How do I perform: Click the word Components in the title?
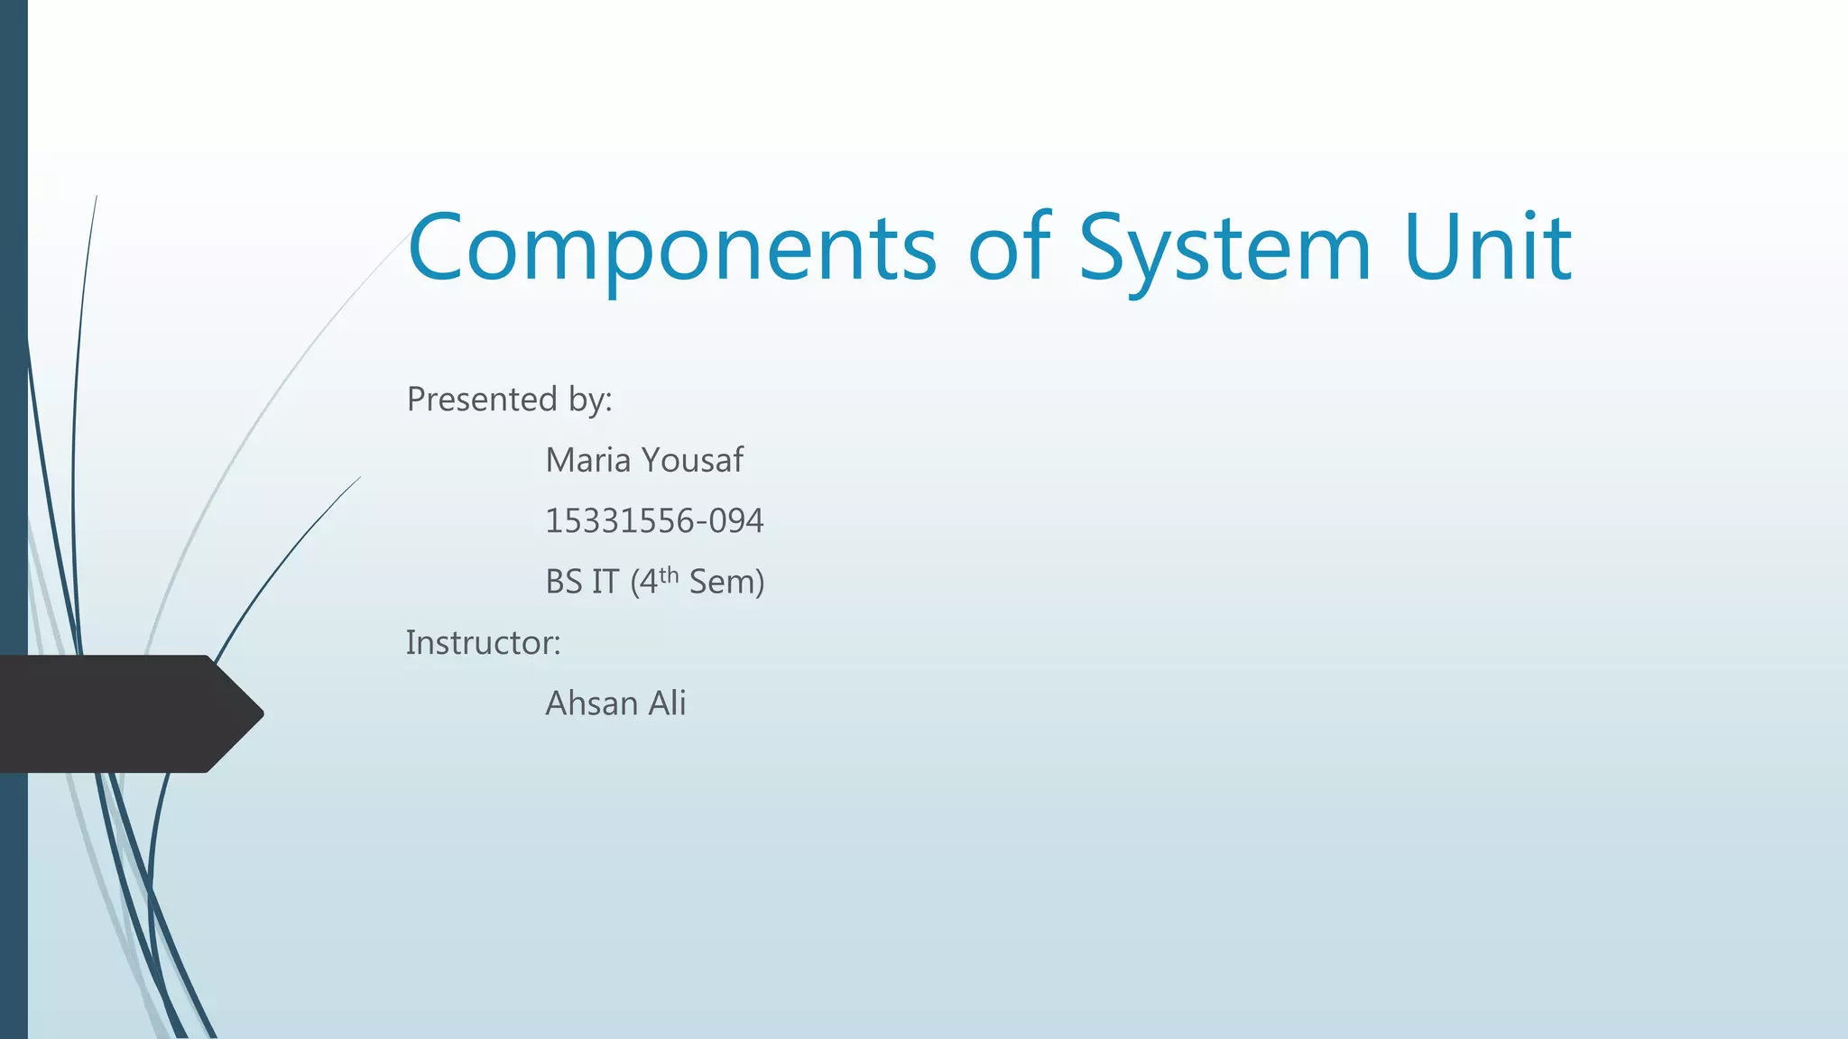(672, 248)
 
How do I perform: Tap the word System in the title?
(1224, 248)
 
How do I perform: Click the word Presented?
(482, 399)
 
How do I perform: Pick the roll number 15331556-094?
(654, 520)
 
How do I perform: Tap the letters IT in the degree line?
(605, 582)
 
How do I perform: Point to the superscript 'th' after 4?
(669, 575)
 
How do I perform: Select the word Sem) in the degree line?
(726, 582)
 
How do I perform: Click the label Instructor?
(483, 642)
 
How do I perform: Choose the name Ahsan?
(591, 703)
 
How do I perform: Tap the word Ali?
(667, 703)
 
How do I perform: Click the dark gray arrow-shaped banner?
(117, 713)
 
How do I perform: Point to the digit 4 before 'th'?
(648, 583)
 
